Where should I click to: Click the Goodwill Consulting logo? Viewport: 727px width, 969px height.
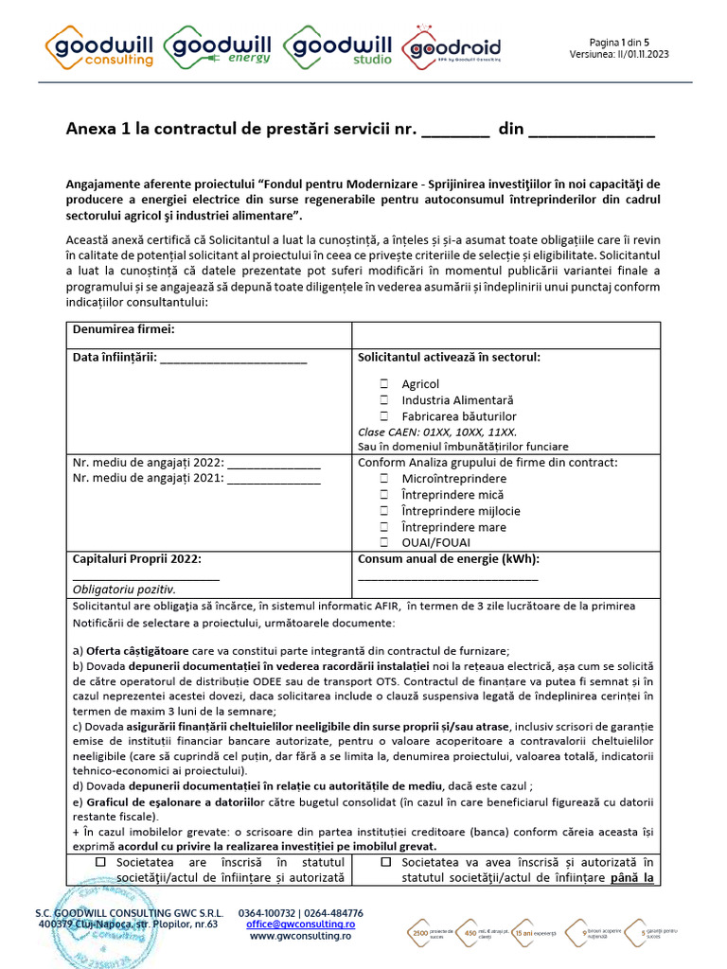pos(100,46)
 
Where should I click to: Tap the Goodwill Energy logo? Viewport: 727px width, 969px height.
pos(220,46)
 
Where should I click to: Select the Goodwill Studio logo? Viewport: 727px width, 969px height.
pos(339,46)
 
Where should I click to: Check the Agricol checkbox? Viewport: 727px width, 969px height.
pos(384,384)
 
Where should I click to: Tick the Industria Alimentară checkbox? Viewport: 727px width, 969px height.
pos(384,400)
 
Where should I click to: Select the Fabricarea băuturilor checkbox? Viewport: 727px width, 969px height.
pos(384,416)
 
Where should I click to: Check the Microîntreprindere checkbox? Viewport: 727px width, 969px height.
pos(384,479)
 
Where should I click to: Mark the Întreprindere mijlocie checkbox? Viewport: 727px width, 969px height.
pos(384,511)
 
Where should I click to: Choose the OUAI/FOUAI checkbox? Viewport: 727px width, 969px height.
pos(384,543)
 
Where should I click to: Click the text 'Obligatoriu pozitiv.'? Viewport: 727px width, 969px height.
pos(124,589)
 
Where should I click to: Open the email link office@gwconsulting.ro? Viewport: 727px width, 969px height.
pos(301,924)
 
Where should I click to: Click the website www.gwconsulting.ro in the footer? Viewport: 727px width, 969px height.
pos(301,936)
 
